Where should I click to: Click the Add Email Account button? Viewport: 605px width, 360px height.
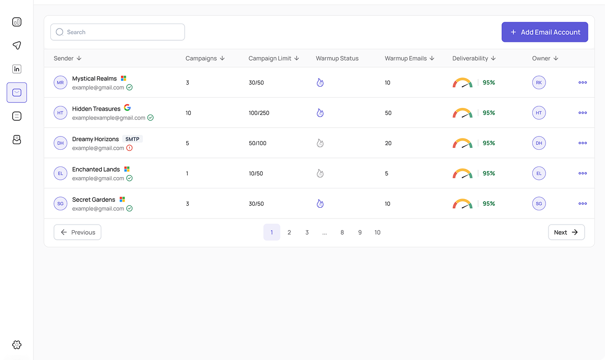pos(544,32)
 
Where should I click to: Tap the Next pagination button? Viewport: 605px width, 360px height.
pos(566,232)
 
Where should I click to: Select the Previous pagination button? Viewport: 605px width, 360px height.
pos(77,232)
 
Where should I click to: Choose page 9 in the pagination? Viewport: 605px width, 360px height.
pos(360,232)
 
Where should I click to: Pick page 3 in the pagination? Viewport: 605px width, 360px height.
pos(307,232)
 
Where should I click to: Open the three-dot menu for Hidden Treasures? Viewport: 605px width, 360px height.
pos(583,113)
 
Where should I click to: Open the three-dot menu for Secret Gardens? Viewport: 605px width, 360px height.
pos(583,204)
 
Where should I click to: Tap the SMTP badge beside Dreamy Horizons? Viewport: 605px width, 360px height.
pos(132,139)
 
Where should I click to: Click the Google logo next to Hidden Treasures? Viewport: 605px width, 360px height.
pos(127,108)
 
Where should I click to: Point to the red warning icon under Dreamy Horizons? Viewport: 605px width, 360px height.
pos(129,148)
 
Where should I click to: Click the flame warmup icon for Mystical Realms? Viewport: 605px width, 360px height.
pos(320,82)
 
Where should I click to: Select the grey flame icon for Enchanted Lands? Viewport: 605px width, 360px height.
pos(320,174)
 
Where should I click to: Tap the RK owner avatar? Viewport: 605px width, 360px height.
pos(539,82)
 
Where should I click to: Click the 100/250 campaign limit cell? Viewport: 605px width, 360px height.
pos(259,113)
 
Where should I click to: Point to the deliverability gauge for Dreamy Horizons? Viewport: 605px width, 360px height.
pos(462,143)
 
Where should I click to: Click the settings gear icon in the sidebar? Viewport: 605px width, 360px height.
pos(17,345)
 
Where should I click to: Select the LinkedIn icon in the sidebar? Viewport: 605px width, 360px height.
pos(17,69)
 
